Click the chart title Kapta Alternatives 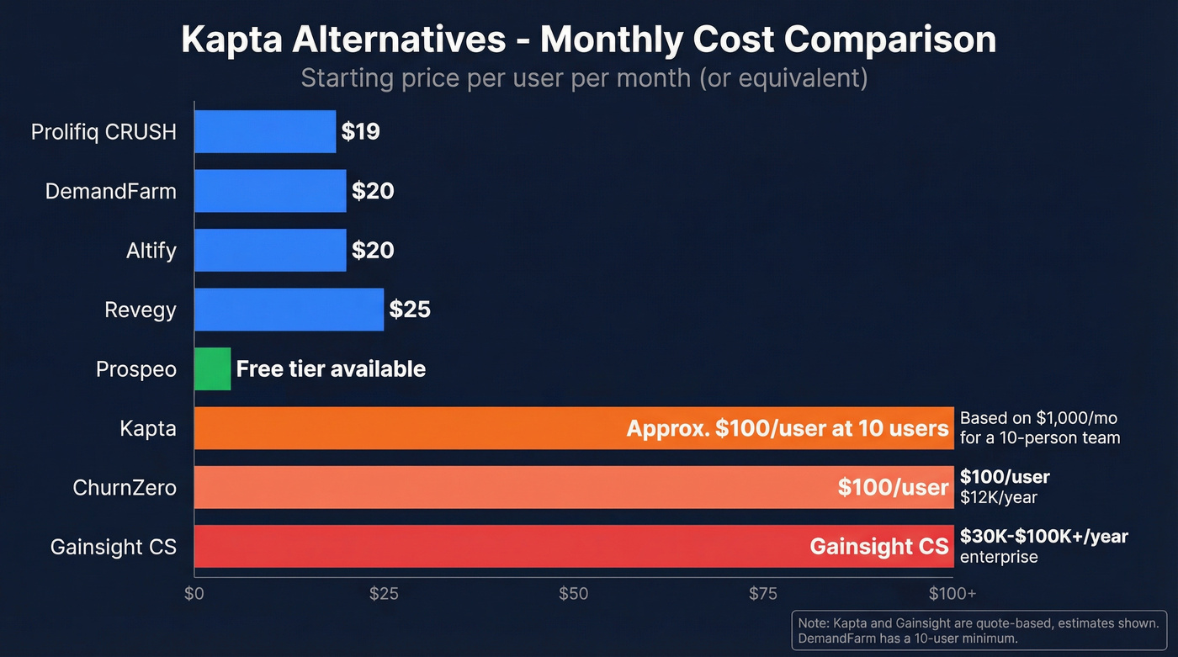588,40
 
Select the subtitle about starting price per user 584,78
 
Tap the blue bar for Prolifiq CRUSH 264,131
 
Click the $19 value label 360,132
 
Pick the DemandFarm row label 110,191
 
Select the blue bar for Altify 269,250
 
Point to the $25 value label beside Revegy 410,310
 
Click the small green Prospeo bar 212,368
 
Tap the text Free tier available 331,369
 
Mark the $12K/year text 998,497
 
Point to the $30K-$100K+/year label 1043,536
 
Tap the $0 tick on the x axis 194,593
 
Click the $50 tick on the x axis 573,593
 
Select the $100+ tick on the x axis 952,593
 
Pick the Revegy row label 140,310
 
